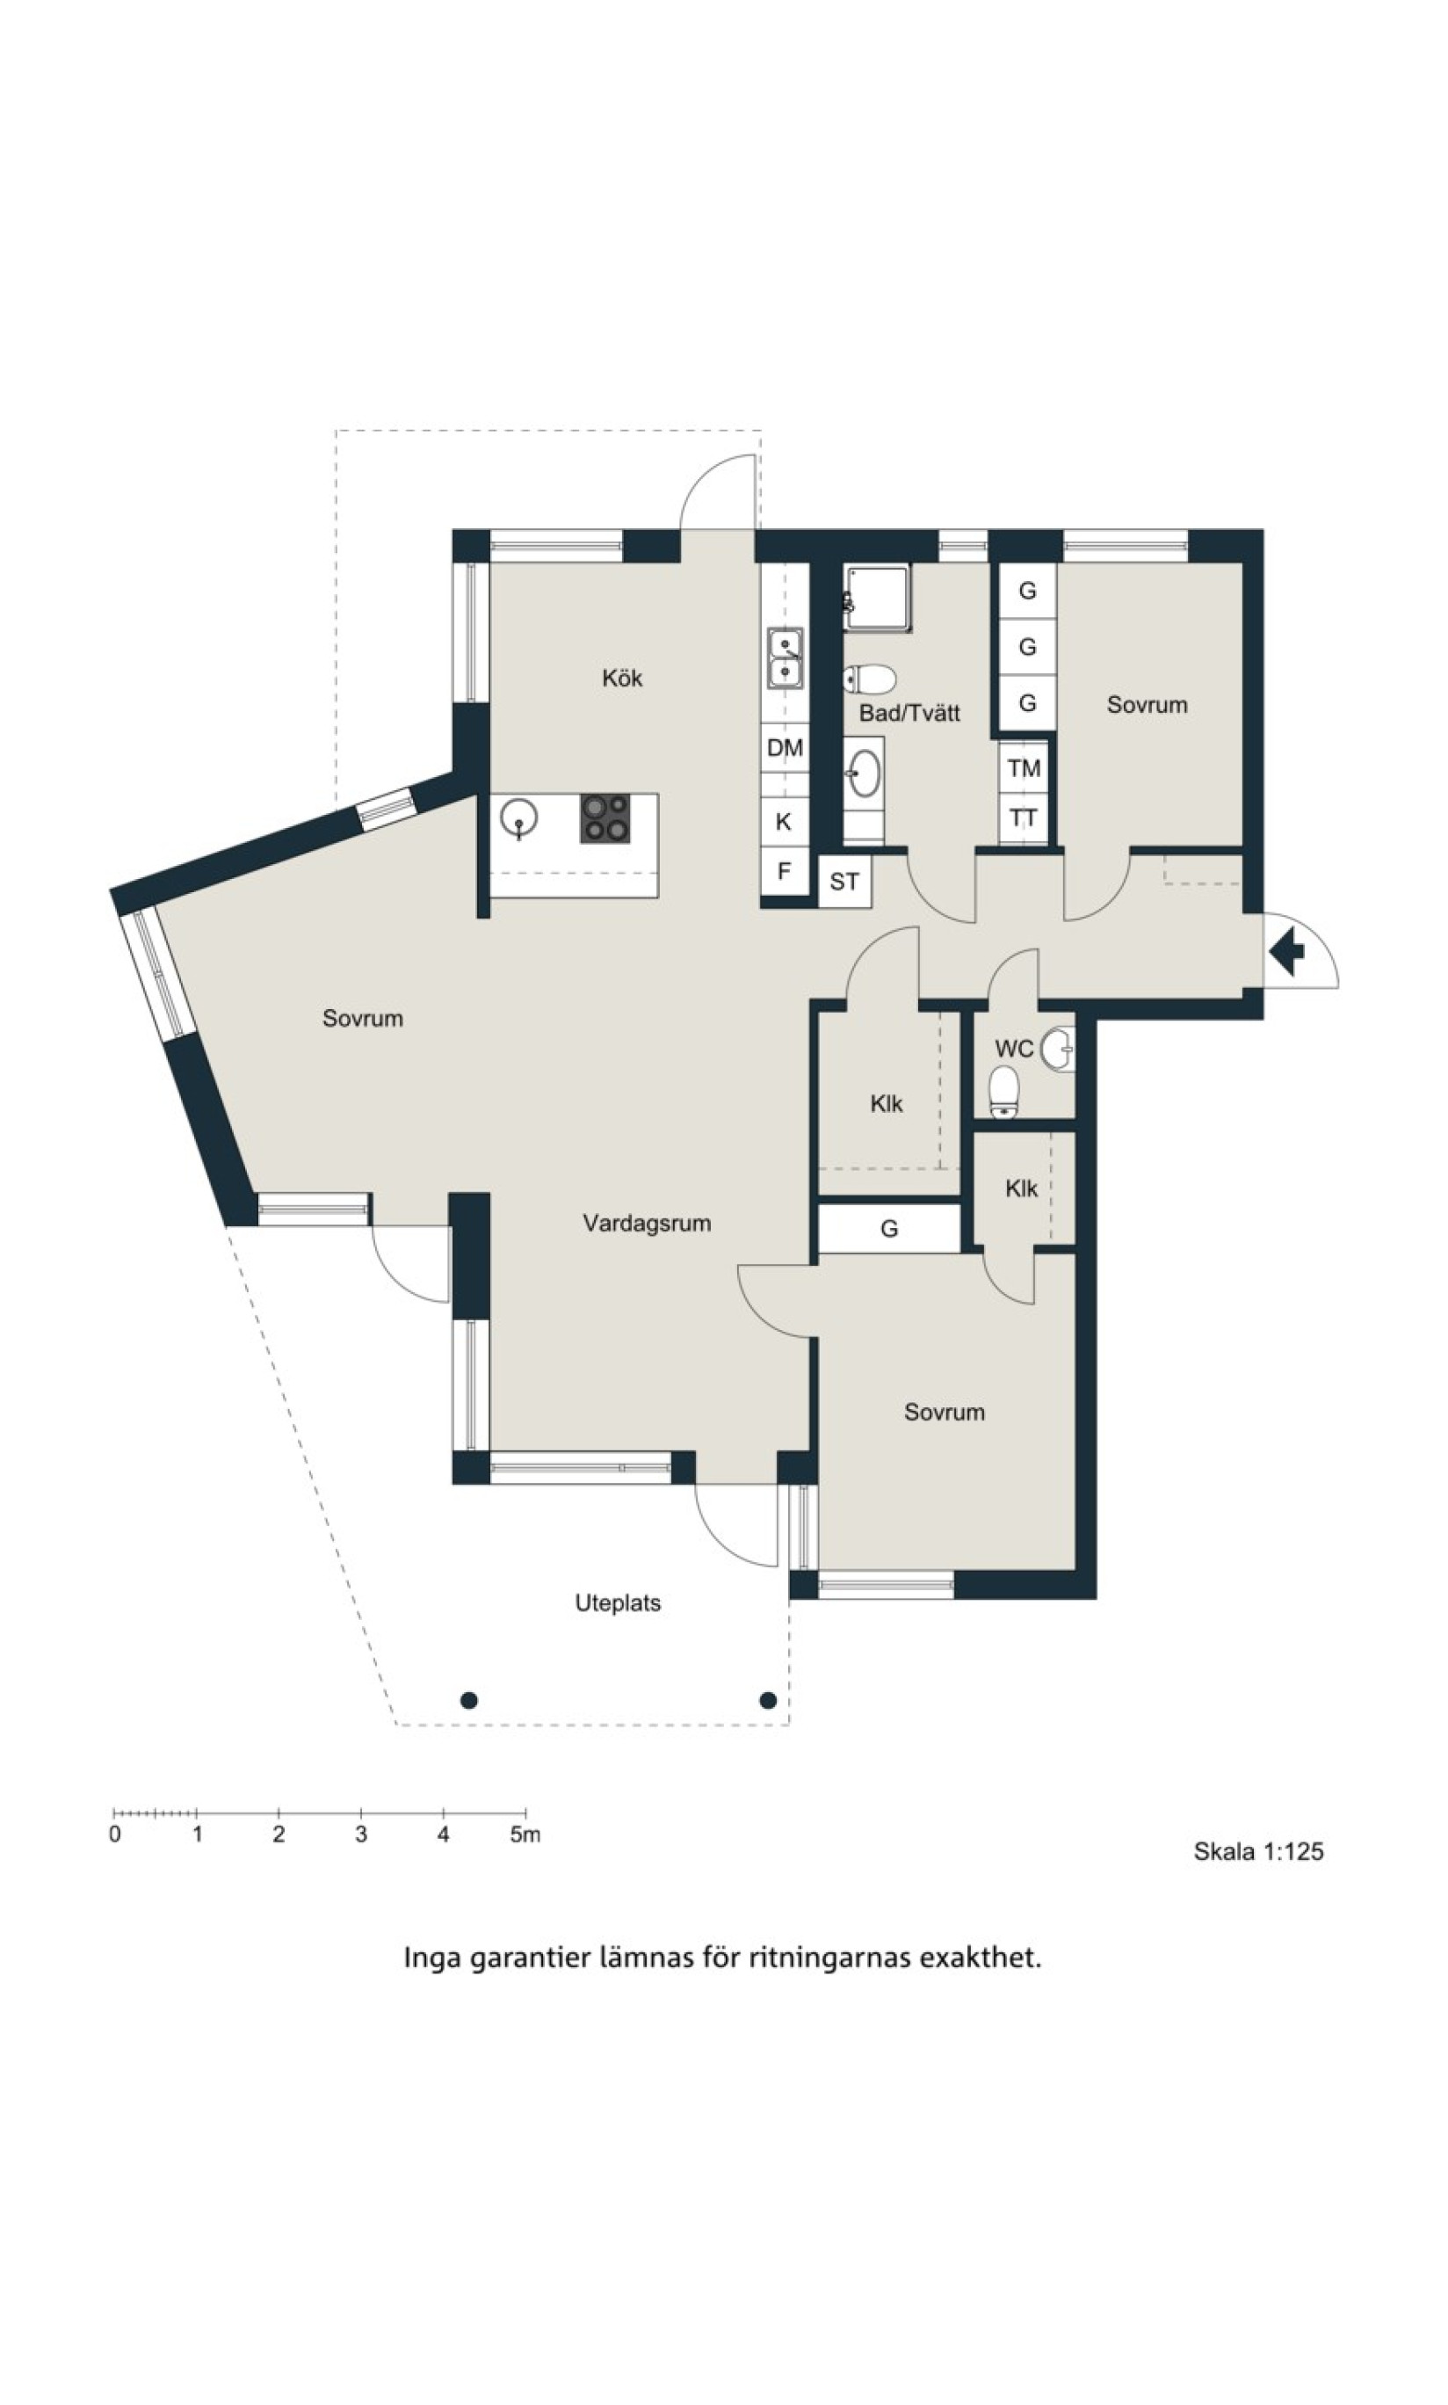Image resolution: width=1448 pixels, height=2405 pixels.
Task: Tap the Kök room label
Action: point(621,679)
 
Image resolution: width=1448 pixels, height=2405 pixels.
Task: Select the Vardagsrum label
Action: point(647,1223)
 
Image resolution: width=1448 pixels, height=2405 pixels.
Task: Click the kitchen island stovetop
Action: point(605,819)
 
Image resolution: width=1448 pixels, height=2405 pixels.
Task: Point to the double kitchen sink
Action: point(786,659)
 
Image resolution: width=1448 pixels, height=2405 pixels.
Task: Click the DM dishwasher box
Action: point(785,749)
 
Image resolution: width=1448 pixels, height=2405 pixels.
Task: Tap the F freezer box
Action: point(785,870)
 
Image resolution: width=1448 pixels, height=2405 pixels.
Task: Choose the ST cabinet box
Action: point(844,883)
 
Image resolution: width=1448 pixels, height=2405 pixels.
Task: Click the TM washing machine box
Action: point(1024,768)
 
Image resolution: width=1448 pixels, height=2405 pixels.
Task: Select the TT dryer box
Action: point(1024,818)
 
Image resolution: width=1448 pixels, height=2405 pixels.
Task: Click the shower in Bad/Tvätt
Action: point(877,596)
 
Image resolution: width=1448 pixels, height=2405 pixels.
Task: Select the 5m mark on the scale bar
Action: point(525,1835)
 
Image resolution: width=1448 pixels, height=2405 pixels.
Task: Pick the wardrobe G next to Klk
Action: point(889,1229)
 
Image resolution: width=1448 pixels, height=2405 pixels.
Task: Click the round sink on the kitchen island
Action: point(518,816)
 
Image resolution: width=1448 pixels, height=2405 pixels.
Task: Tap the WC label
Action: point(1014,1050)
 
